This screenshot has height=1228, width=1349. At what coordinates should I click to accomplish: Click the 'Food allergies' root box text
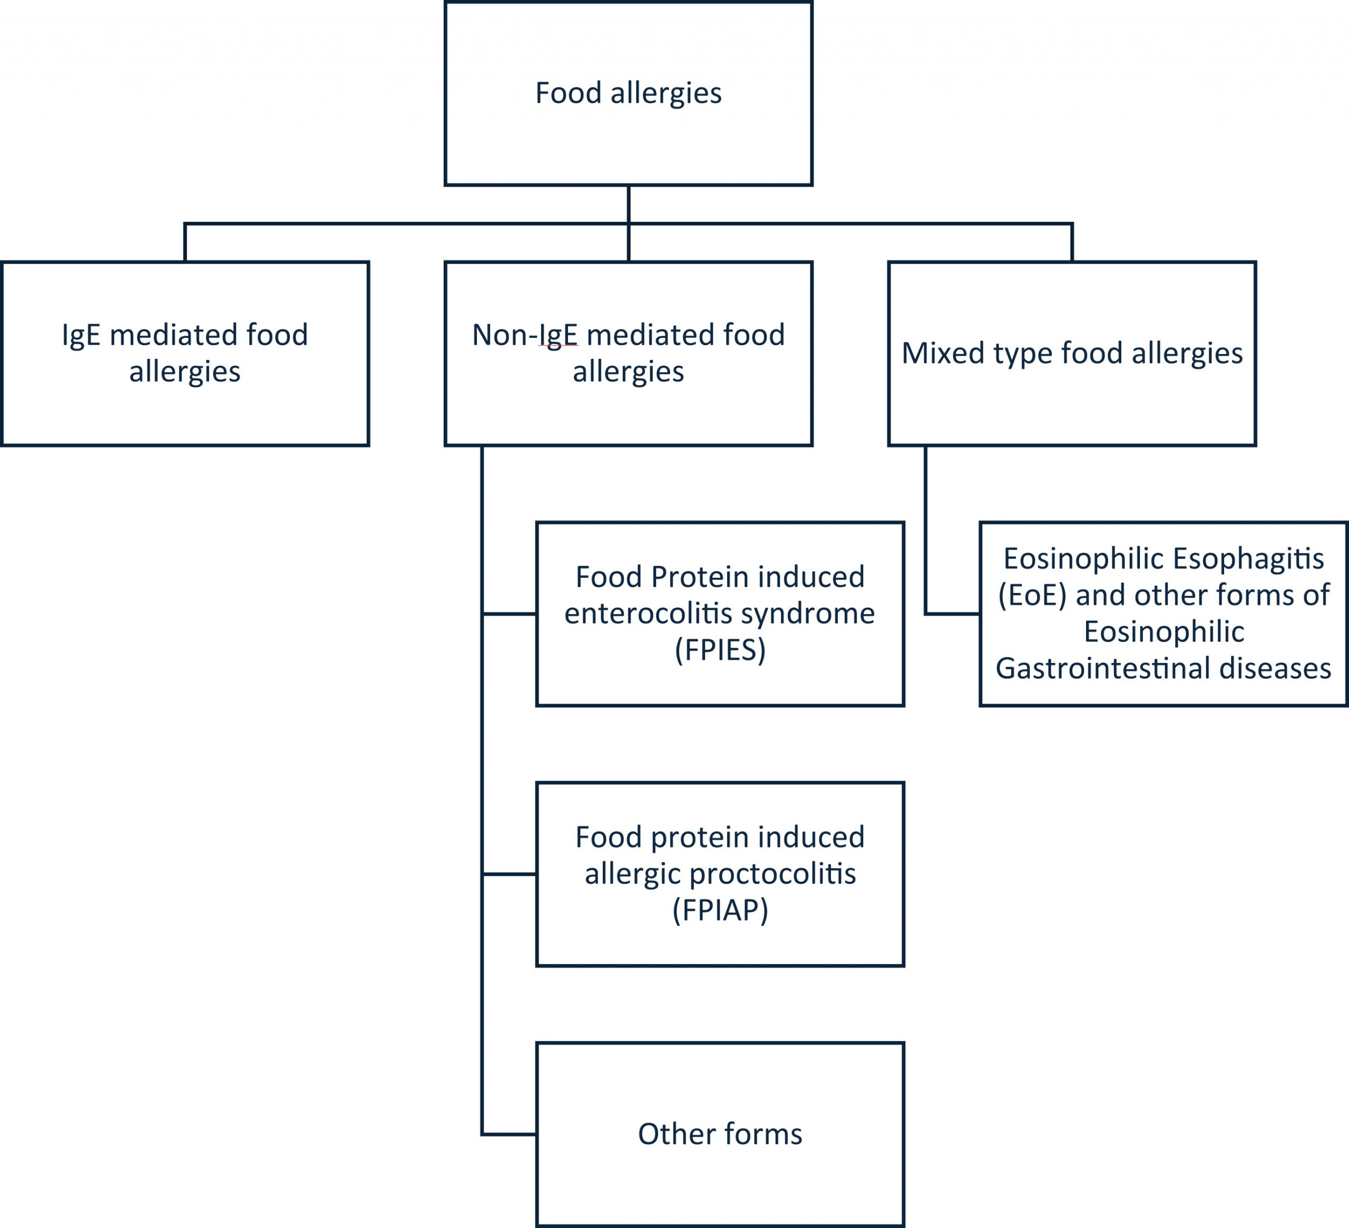[x=628, y=93]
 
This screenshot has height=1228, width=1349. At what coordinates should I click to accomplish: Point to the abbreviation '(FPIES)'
[x=719, y=650]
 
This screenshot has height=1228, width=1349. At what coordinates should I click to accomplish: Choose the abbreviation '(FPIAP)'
[x=719, y=910]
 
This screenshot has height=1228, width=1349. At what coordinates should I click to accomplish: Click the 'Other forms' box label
[x=719, y=1134]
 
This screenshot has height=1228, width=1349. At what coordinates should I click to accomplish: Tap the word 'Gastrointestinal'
[x=1098, y=668]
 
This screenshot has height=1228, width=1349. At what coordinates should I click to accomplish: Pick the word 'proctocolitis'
[x=772, y=873]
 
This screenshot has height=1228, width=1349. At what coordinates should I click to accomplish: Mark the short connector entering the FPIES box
[x=509, y=613]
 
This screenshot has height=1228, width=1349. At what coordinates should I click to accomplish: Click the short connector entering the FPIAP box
[x=509, y=874]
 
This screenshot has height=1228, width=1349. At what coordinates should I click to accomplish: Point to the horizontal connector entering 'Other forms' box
[x=509, y=1134]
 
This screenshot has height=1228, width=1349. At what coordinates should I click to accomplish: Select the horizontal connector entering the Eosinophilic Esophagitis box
[x=953, y=613]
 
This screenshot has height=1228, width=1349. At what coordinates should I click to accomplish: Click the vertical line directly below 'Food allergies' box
[x=628, y=204]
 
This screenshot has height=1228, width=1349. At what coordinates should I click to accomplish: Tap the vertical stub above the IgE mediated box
[x=184, y=242]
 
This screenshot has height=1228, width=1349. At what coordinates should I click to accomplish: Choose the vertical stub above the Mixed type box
[x=1071, y=242]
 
